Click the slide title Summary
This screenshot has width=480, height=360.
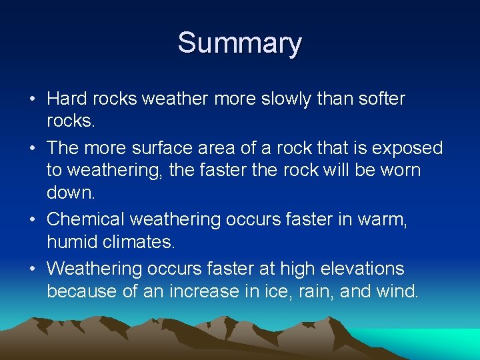tap(239, 43)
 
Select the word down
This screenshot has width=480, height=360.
tap(70, 192)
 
